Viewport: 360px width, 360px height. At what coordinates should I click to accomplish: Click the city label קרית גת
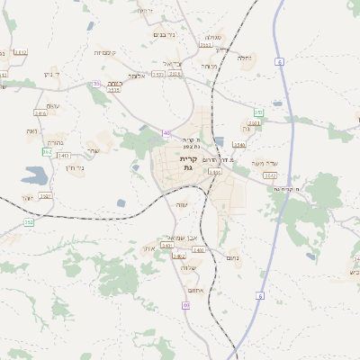point(188,163)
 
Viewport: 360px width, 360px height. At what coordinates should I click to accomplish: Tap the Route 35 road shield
point(96,84)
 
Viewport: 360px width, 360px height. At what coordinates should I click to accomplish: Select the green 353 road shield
point(258,112)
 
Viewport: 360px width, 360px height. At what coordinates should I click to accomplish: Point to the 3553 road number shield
point(206,44)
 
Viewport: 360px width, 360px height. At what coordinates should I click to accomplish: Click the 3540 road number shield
point(238,144)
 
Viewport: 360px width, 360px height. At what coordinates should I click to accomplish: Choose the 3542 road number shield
point(270,175)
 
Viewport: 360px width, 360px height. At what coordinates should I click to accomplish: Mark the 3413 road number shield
point(64,156)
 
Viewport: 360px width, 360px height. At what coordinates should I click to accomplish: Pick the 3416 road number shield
point(40,113)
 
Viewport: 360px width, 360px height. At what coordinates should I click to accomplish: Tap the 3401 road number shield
point(166,245)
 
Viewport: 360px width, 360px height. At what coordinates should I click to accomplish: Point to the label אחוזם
point(195,290)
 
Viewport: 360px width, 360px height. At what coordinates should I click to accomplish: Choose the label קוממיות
point(103,52)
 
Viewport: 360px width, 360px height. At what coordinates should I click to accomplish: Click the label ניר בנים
point(164,34)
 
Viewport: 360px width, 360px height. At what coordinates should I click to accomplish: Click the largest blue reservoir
point(40,174)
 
